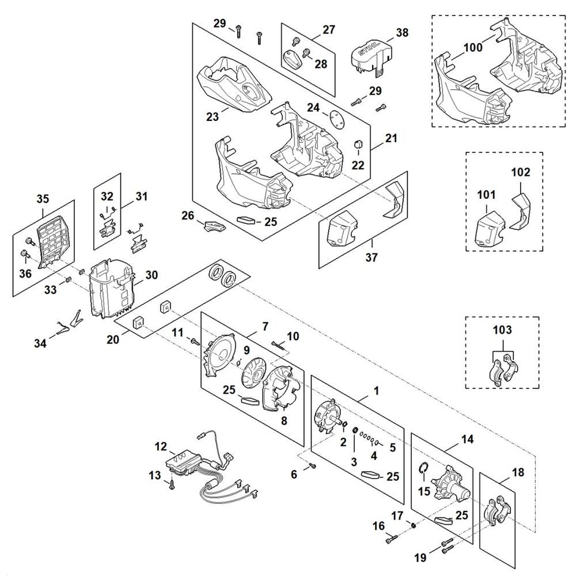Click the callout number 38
pos(401,33)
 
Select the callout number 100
pos(473,47)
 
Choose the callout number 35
pos(43,199)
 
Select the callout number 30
pos(151,275)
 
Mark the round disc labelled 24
pos(335,118)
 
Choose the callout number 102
pos(520,172)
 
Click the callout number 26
pos(188,215)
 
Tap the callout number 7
pos(265,326)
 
